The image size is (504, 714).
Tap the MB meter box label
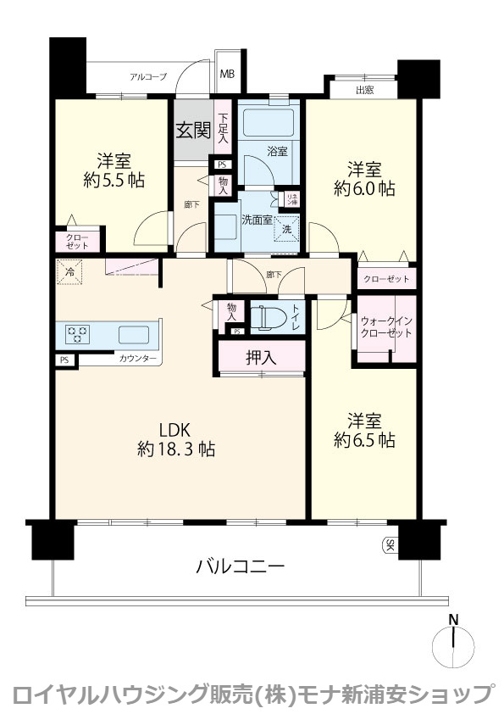227,75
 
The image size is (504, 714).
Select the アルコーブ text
148,77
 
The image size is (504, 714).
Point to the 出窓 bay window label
364,89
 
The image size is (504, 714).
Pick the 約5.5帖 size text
112,180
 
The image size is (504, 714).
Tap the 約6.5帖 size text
364,440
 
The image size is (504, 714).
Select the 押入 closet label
261,358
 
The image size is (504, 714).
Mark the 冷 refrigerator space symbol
67,273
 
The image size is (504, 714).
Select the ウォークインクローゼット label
386,327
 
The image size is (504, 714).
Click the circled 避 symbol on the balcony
390,545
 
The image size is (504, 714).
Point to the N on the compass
454,619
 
